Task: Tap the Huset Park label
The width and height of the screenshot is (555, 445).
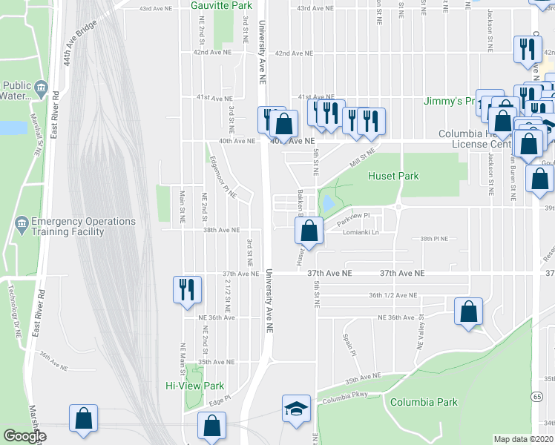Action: pos(393,176)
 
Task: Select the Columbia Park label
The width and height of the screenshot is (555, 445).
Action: pos(424,402)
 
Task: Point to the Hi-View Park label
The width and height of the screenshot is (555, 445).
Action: pos(194,386)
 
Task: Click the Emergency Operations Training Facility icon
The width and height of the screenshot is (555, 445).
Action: pos(20,222)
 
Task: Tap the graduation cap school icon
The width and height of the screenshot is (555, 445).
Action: pos(296,409)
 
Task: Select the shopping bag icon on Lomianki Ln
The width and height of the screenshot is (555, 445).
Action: pos(309,231)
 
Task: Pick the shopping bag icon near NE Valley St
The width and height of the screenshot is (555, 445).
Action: pos(468,312)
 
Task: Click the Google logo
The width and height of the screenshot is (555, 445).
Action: pos(24,437)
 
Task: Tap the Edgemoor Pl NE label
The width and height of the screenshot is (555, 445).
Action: pos(221,181)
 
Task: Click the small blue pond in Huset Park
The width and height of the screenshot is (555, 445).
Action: pos(326,202)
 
